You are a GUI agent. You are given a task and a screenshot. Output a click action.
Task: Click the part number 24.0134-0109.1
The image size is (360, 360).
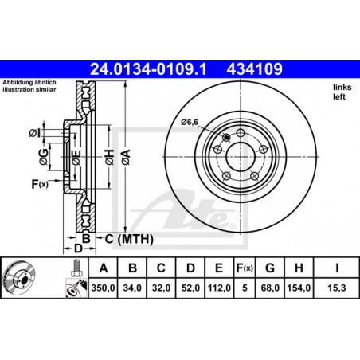click(x=148, y=69)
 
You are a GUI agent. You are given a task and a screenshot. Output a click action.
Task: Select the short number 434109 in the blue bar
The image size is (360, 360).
click(x=254, y=69)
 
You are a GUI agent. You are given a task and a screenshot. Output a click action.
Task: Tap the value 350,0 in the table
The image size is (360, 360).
click(x=103, y=288)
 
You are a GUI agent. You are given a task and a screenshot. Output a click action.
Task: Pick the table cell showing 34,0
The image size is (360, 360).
click(x=132, y=288)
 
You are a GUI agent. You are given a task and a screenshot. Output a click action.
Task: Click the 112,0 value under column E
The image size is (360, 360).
click(x=219, y=288)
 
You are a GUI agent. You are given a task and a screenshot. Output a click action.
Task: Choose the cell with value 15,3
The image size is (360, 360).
click(x=337, y=288)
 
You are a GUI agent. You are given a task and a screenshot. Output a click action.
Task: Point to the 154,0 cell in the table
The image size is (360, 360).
click(x=299, y=288)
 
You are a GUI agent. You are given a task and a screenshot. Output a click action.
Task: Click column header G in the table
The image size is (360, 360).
click(x=270, y=268)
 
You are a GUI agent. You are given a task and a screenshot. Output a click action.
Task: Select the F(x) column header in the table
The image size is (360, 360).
click(x=245, y=268)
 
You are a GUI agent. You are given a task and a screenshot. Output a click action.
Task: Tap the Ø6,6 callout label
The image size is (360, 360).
click(x=190, y=122)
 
